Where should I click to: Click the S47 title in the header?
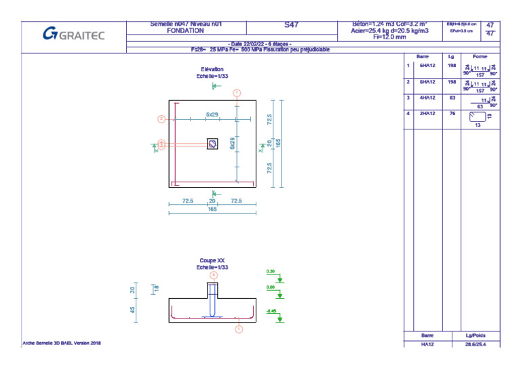291,25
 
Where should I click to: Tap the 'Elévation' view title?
212,69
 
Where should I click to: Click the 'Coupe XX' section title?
212,260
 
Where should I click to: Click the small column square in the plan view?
212,143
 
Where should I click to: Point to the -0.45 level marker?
271,311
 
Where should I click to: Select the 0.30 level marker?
271,272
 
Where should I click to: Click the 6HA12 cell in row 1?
427,66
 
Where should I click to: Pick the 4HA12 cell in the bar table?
427,98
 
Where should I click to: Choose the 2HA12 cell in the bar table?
427,113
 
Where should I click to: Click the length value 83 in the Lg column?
451,98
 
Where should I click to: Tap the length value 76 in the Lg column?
451,113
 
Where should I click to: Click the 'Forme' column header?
480,56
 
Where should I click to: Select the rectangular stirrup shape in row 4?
478,117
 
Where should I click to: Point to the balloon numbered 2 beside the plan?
161,119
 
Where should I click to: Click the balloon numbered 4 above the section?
214,275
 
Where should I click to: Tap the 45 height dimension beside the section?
132,309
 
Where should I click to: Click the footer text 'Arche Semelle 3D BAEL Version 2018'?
62,344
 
